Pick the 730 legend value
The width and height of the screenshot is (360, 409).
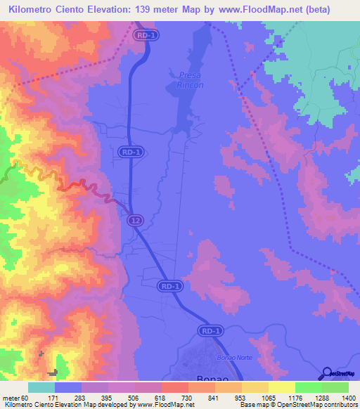[x=187, y=397]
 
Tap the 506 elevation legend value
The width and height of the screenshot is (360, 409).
[x=134, y=397]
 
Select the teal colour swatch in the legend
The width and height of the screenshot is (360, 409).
[x=41, y=387]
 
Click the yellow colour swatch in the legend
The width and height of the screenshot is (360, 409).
[x=281, y=387]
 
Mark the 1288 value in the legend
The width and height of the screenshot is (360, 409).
[x=321, y=397]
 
